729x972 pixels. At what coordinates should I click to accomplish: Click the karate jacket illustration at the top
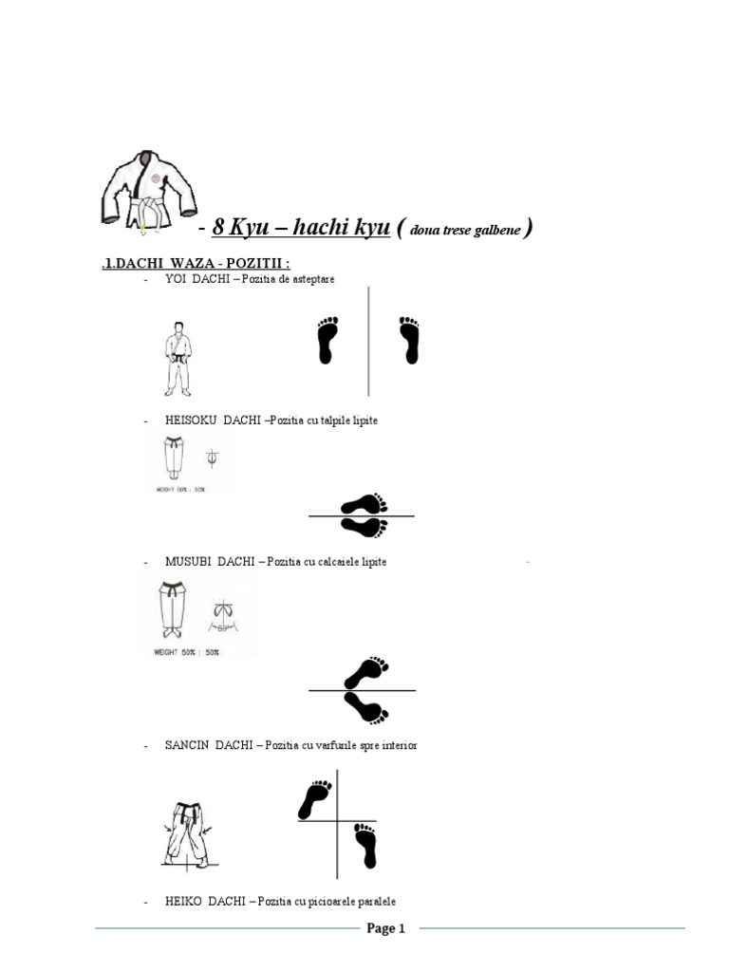(x=148, y=191)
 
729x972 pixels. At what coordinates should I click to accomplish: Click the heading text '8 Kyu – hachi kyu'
(x=301, y=228)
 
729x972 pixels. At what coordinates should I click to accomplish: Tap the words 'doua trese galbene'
(x=466, y=231)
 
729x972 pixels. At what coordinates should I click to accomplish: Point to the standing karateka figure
(x=178, y=358)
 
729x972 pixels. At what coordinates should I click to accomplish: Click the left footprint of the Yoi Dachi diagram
(x=327, y=341)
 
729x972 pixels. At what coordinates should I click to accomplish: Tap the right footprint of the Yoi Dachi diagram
(x=409, y=341)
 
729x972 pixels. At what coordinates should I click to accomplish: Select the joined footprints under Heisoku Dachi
(x=364, y=514)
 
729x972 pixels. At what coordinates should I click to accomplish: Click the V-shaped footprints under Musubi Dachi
(x=364, y=689)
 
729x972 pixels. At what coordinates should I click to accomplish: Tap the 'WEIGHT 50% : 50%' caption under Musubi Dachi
(x=186, y=652)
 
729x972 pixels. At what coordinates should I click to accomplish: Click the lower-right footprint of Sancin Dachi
(x=364, y=846)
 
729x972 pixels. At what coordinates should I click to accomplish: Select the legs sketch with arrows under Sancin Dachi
(x=188, y=832)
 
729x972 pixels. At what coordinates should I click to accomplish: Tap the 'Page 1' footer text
(x=386, y=929)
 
